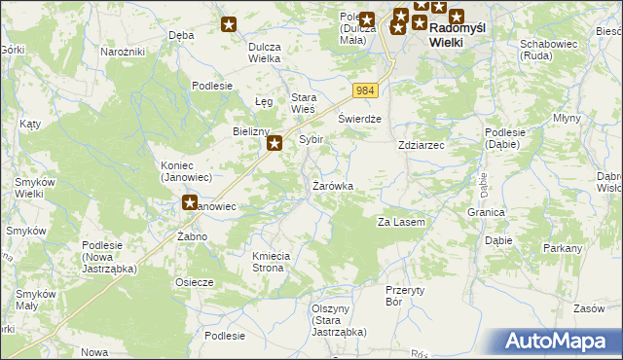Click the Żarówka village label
point(332,185)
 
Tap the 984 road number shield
point(364,90)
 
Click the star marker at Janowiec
point(192,203)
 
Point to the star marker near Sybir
point(275,145)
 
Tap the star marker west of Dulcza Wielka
point(229,24)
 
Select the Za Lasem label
point(401,223)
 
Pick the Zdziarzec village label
point(421,145)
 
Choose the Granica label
point(486,211)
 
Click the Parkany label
point(563,248)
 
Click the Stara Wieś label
point(310,102)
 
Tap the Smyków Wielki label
point(35,188)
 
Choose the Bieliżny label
point(250,130)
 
